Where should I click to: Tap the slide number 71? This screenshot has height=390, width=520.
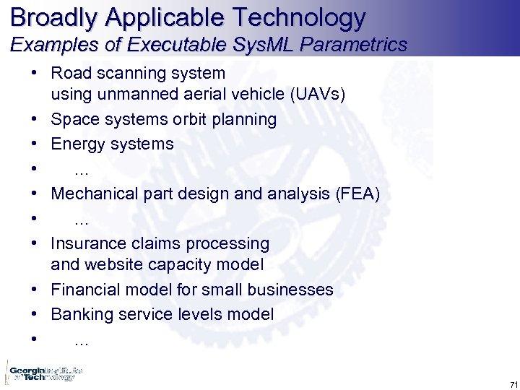click(x=513, y=383)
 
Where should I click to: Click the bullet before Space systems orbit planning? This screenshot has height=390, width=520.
click(x=35, y=119)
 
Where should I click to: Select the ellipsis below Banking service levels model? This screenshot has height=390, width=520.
click(x=82, y=341)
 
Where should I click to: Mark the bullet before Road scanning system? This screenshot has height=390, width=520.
click(x=35, y=73)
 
